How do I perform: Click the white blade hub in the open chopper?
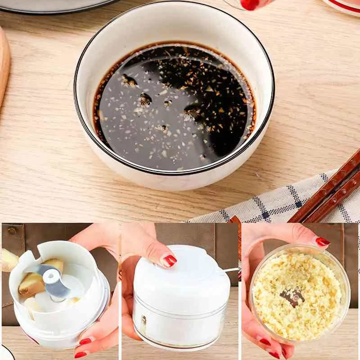tap(52, 277)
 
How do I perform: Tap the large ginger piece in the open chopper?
tap(34, 283)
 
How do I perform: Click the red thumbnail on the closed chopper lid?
tap(170, 260)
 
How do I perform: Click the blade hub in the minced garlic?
tap(292, 296)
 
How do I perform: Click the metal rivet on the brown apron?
tap(11, 230)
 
